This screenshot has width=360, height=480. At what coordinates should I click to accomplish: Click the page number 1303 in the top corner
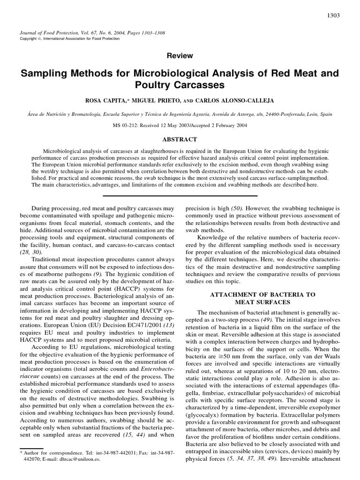pyautogui.click(x=333, y=15)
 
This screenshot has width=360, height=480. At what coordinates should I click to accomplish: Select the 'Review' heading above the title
pyautogui.click(x=180, y=55)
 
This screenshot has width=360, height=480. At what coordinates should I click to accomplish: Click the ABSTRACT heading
pyautogui.click(x=180, y=139)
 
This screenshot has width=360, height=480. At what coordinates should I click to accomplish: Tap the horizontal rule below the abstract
pyautogui.click(x=180, y=195)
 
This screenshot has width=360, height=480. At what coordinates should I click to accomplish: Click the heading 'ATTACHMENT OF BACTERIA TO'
pyautogui.click(x=262, y=294)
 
